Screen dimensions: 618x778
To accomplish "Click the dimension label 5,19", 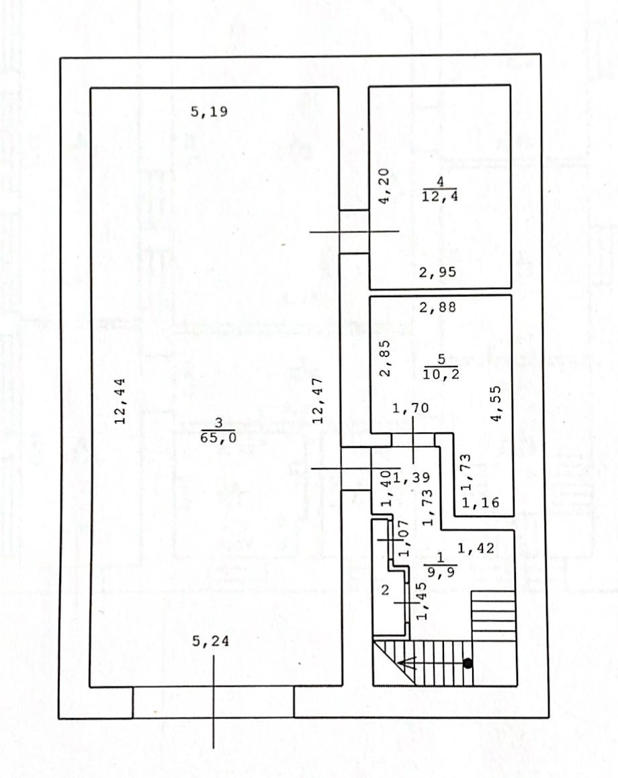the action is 209,112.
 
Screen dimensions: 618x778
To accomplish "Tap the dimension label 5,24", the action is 210,641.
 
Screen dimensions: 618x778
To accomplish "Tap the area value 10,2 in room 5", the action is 441,375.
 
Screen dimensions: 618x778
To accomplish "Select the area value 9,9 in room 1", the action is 440,573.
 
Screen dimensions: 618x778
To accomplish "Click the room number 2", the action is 386,590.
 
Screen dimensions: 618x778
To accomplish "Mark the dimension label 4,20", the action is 384,189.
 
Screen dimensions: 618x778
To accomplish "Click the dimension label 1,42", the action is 476,549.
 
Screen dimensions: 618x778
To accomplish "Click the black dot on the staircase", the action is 468,663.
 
